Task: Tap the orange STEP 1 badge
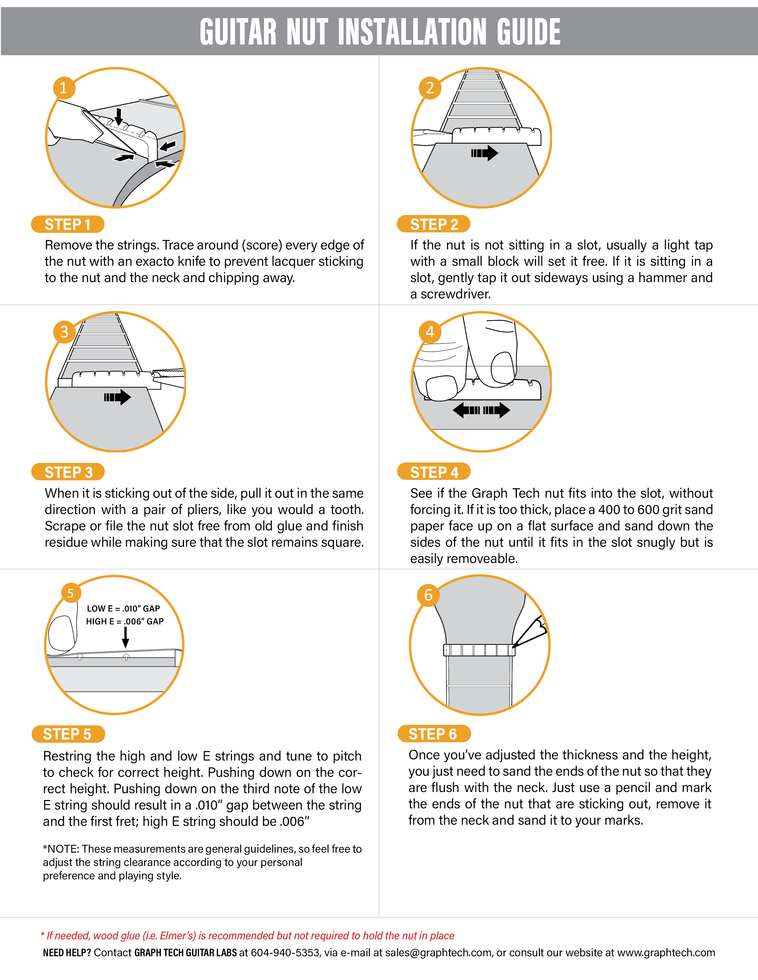(68, 224)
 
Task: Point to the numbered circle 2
(430, 88)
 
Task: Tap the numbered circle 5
(70, 594)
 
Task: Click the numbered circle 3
(64, 332)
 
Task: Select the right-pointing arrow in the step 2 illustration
(485, 153)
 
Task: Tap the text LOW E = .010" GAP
(123, 609)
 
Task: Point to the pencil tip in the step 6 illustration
(513, 646)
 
